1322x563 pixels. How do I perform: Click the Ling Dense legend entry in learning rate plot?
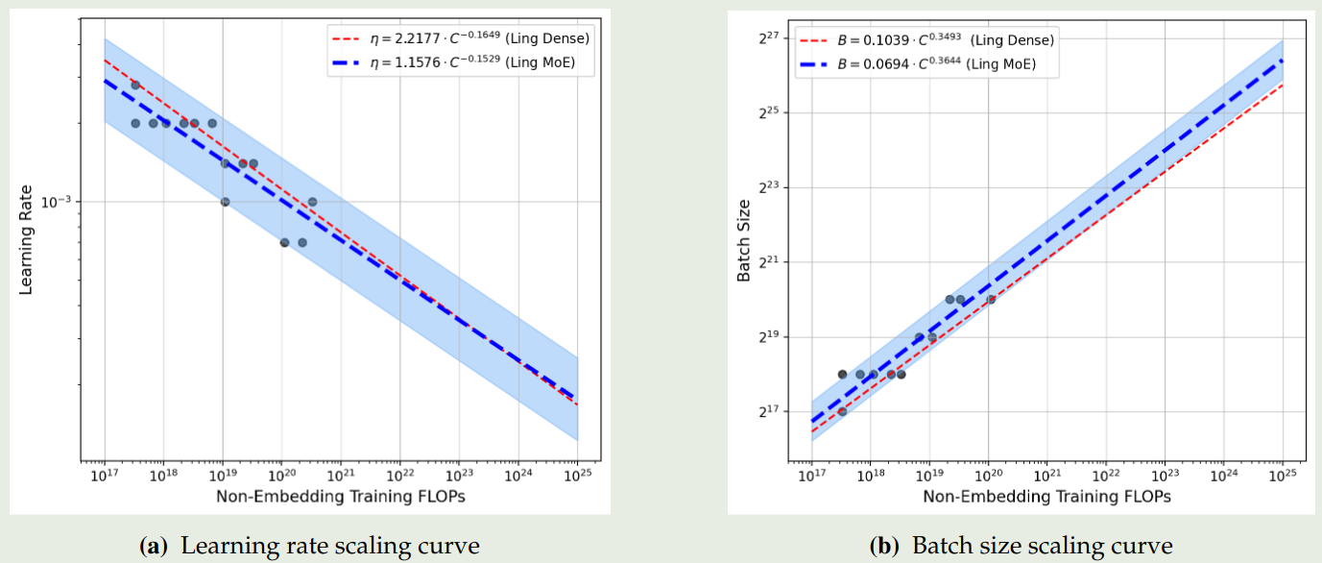click(461, 38)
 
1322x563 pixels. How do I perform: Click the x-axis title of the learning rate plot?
click(341, 497)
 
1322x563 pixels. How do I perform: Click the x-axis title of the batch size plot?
click(1046, 497)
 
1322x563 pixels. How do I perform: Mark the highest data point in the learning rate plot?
click(135, 85)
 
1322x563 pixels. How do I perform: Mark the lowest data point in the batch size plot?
click(842, 411)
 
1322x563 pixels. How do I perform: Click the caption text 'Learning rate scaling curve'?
click(330, 547)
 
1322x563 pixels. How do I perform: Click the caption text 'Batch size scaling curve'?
click(1042, 547)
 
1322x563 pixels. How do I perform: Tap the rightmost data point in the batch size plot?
click(991, 299)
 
